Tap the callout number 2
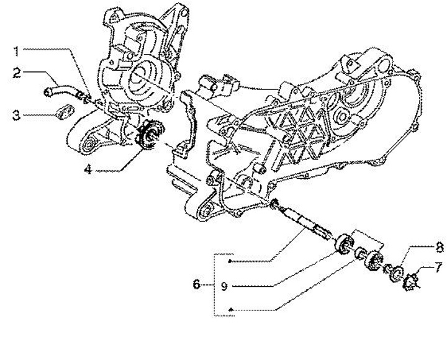pos(19,73)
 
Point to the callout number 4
pos(89,168)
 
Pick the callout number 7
pos(438,267)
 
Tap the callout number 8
pos(438,247)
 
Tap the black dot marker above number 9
pos(229,263)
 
